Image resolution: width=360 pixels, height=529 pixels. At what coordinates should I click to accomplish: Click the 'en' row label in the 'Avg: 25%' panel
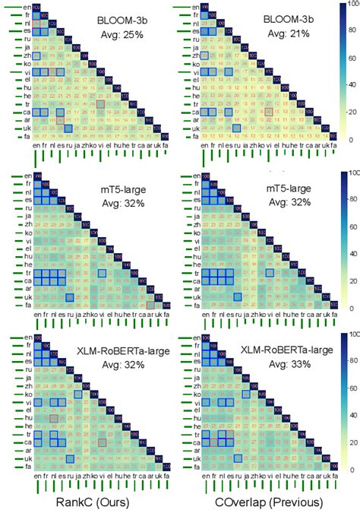click(27, 7)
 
